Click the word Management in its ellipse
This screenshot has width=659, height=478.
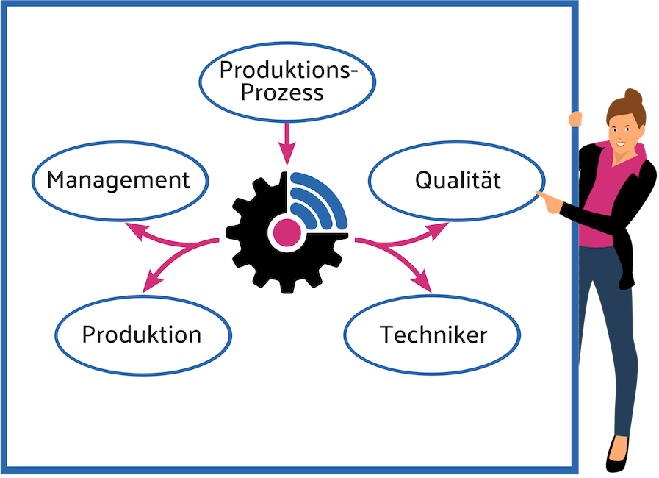tap(118, 180)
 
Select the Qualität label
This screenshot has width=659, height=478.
tap(458, 179)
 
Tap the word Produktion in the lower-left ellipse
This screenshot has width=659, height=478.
tap(141, 335)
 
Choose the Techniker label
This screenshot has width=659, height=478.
tap(433, 335)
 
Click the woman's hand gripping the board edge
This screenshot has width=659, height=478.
tap(575, 119)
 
